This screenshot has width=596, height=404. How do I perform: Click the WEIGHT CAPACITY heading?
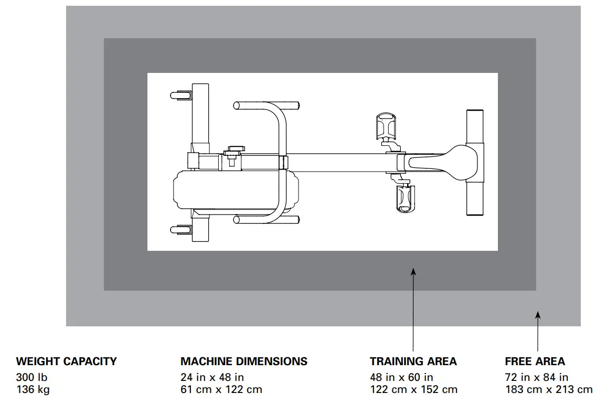pyautogui.click(x=66, y=362)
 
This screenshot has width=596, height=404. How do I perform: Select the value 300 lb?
pyautogui.click(x=31, y=377)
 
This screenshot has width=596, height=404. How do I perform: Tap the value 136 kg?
pyautogui.click(x=33, y=390)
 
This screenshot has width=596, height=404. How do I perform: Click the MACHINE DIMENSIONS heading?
pyautogui.click(x=244, y=362)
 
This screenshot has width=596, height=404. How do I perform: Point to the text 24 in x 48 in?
pyautogui.click(x=212, y=377)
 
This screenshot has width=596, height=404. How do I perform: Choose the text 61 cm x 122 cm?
pyautogui.click(x=221, y=390)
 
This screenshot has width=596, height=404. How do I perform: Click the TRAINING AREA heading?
pyautogui.click(x=413, y=362)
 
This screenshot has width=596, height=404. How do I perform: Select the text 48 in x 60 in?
pyautogui.click(x=401, y=377)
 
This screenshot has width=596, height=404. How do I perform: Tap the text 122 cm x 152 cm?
pyautogui.click(x=413, y=390)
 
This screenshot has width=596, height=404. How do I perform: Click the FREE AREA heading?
pyautogui.click(x=535, y=362)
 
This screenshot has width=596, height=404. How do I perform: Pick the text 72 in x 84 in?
pyautogui.click(x=536, y=377)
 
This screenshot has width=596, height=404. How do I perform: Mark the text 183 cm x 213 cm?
pyautogui.click(x=548, y=390)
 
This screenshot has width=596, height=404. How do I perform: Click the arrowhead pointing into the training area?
pyautogui.click(x=413, y=272)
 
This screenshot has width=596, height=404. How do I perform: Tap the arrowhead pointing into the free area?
pyautogui.click(x=538, y=315)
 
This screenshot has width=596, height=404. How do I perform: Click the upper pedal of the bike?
pyautogui.click(x=387, y=125)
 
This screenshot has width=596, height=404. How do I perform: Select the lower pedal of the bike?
pyautogui.click(x=403, y=198)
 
